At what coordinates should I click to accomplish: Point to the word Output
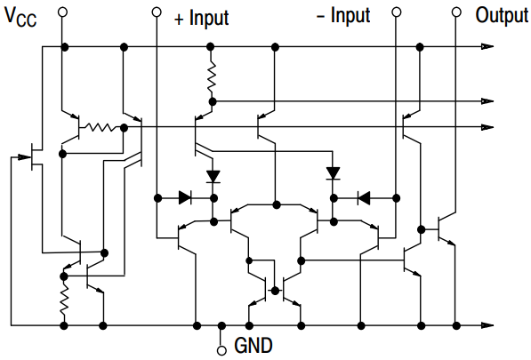click(x=501, y=15)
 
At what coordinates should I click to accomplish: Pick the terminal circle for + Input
click(x=157, y=12)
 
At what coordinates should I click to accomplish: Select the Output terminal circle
click(x=456, y=12)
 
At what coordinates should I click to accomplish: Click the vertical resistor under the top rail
click(x=212, y=79)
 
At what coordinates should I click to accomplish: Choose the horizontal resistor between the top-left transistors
click(x=101, y=127)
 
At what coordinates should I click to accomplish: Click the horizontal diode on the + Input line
click(x=186, y=197)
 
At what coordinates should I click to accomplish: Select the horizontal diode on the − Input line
click(x=363, y=197)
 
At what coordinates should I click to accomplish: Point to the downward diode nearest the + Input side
click(x=213, y=176)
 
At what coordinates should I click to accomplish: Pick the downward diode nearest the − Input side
click(x=334, y=172)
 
